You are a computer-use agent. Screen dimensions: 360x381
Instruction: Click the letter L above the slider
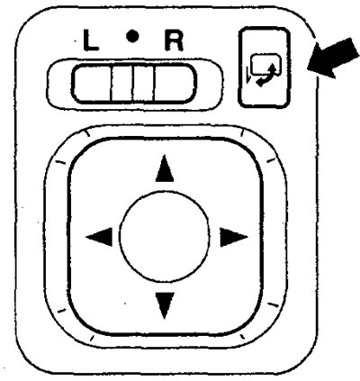tap(90, 40)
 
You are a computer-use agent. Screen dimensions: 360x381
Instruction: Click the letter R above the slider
tap(174, 40)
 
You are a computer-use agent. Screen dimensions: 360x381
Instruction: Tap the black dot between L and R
tap(132, 37)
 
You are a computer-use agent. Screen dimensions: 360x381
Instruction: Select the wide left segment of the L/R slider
tap(92, 84)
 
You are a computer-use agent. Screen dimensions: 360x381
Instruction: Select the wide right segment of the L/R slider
tap(175, 84)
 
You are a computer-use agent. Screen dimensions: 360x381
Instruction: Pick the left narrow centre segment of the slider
tap(121, 84)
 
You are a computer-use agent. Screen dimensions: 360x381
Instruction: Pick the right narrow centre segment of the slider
tap(143, 84)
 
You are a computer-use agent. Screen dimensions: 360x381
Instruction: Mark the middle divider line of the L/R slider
tap(132, 84)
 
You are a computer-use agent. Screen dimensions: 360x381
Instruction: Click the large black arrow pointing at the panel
tap(332, 58)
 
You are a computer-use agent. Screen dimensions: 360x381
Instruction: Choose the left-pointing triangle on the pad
tap(100, 237)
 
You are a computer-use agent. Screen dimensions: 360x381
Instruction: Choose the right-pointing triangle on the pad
tap(233, 237)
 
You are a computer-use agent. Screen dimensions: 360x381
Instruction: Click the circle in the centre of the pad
tap(164, 237)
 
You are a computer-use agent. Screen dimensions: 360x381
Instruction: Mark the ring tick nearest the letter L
tap(87, 133)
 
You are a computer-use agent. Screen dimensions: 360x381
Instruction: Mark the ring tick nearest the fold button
tap(242, 133)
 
